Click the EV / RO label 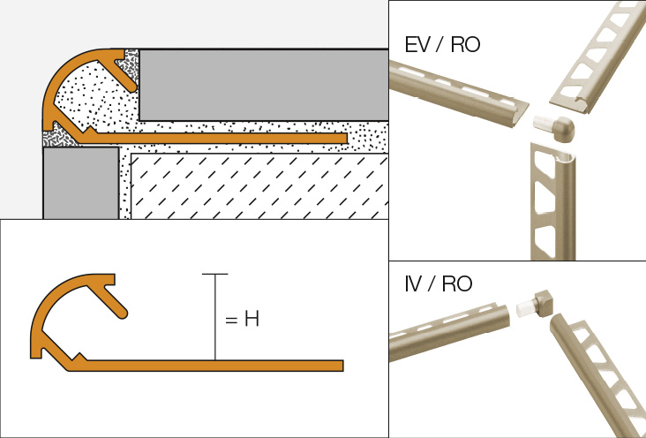point(442,44)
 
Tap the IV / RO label point(438,283)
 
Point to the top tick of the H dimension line point(214,275)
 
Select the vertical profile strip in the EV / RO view point(547,203)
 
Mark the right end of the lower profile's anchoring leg point(340,364)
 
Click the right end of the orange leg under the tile point(344,139)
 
